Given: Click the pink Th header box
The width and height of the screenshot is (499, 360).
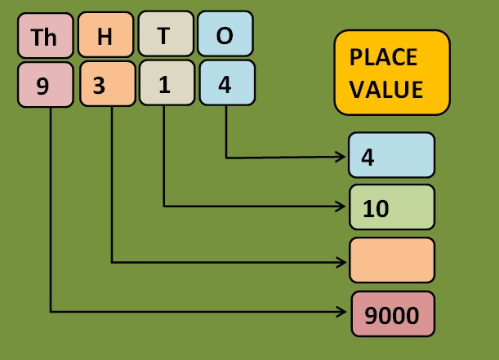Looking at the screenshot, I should [x=44, y=37].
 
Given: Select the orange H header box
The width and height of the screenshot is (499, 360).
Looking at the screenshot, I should [x=105, y=36].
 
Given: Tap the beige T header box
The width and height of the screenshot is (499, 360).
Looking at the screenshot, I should [x=164, y=35].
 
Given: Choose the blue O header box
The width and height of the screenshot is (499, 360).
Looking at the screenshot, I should [x=225, y=35].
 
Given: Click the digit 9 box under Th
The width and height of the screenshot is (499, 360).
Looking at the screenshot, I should [x=44, y=85].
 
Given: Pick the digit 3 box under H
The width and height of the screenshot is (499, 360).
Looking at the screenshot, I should [x=106, y=85].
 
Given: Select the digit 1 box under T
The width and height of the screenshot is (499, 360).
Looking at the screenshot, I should [x=165, y=84].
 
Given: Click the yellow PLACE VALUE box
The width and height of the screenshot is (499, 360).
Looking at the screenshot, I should [x=392, y=73].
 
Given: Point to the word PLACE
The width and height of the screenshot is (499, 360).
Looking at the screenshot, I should [x=383, y=58].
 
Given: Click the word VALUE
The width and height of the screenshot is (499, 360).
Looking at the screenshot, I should [x=386, y=88].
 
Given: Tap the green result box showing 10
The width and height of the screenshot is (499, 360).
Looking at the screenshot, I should [x=392, y=207].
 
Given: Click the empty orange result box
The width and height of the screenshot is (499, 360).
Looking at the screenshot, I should [x=392, y=259].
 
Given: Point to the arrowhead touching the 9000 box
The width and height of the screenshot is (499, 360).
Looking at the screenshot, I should [x=345, y=312].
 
